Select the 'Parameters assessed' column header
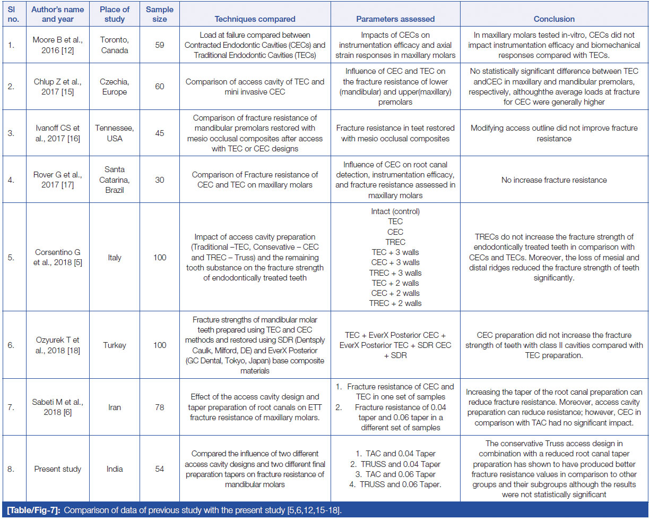[x=395, y=19]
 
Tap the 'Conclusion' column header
[x=553, y=19]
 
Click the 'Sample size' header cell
[x=159, y=14]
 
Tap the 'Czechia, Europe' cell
[x=114, y=86]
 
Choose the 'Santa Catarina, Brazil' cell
[x=114, y=180]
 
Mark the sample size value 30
[x=159, y=180]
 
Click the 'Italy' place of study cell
[x=114, y=258]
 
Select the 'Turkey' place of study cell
[x=114, y=345]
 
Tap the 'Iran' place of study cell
[x=114, y=407]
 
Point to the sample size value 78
[x=159, y=407]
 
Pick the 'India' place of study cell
[x=114, y=469]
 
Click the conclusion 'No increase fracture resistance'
[x=553, y=180]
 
